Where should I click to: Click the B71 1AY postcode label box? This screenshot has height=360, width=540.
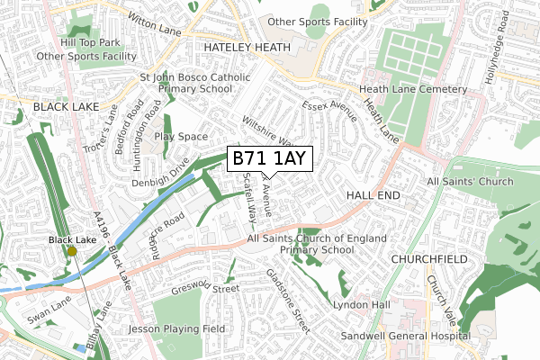[x=269, y=159]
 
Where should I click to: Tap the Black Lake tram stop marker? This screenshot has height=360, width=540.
[x=71, y=252]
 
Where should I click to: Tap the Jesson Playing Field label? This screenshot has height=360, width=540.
[x=175, y=329]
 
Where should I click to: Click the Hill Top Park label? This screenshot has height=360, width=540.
[x=90, y=42]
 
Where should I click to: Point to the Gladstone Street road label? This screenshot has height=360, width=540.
[x=287, y=300]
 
